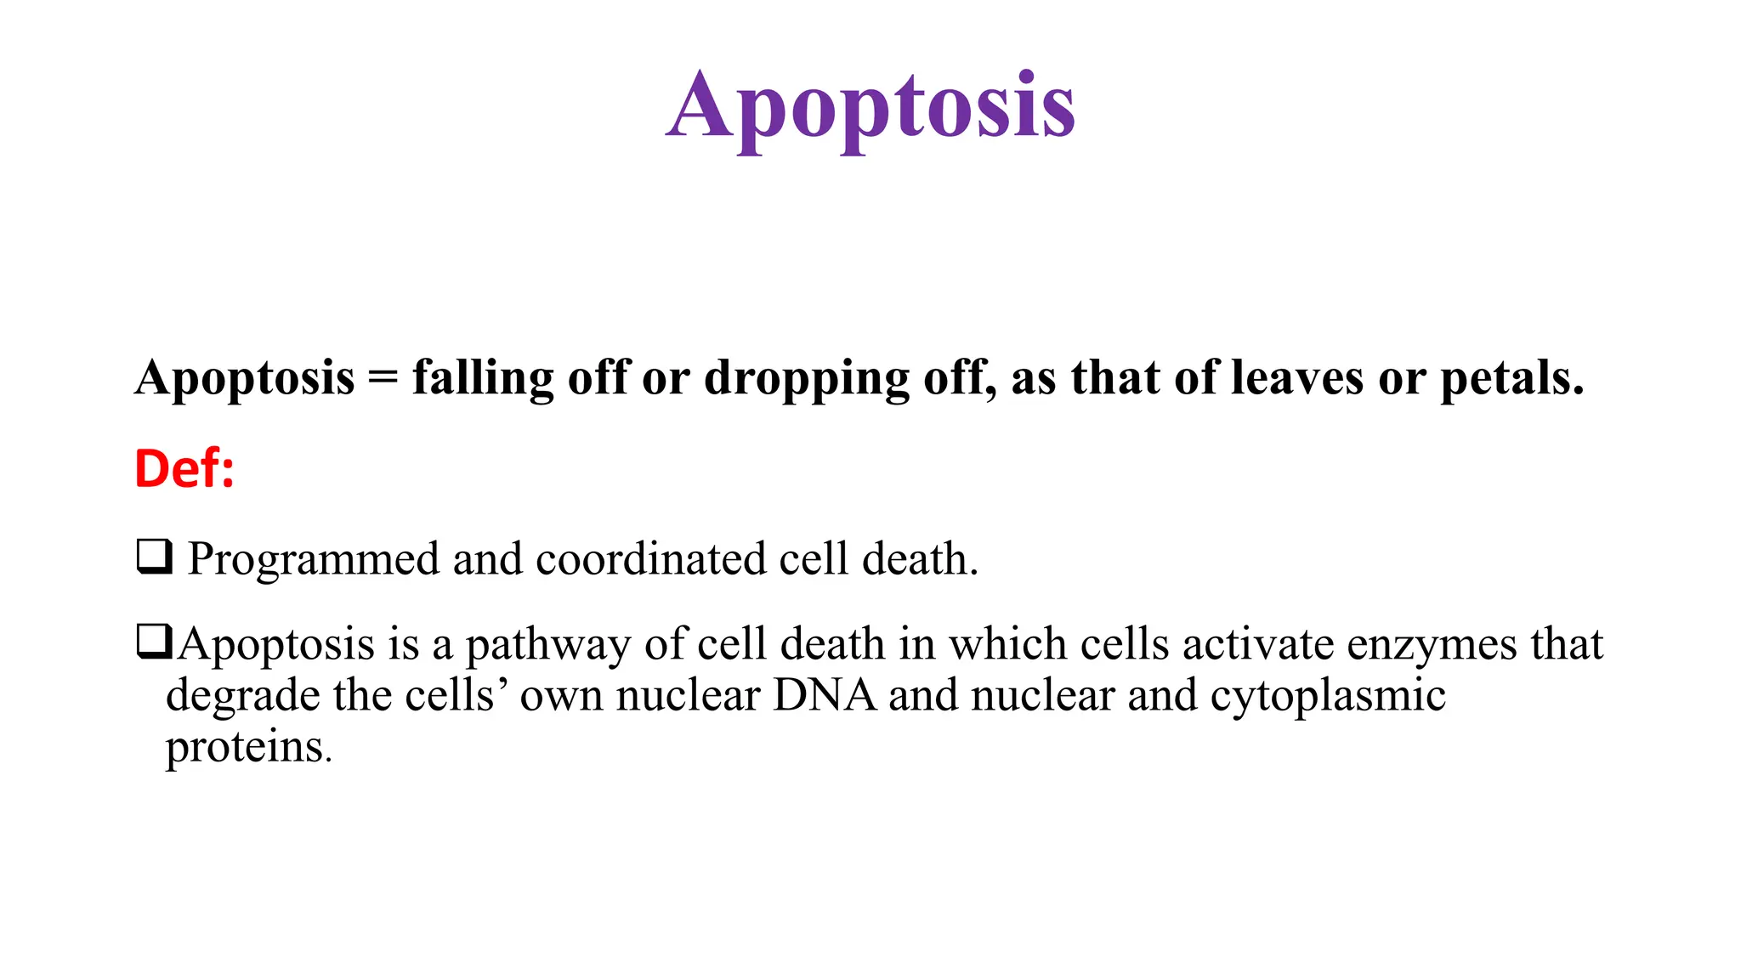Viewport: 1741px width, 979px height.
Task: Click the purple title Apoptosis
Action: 870,108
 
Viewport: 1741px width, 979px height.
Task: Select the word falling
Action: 483,378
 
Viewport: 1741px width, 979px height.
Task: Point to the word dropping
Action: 807,378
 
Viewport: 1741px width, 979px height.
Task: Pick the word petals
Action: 1511,378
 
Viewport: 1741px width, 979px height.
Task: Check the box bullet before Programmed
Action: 155,557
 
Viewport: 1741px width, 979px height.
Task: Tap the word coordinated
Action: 650,559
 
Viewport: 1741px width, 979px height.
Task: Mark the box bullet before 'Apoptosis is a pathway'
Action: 155,642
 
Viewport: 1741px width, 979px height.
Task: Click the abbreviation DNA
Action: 825,695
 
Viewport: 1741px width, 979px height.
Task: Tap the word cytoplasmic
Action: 1328,696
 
